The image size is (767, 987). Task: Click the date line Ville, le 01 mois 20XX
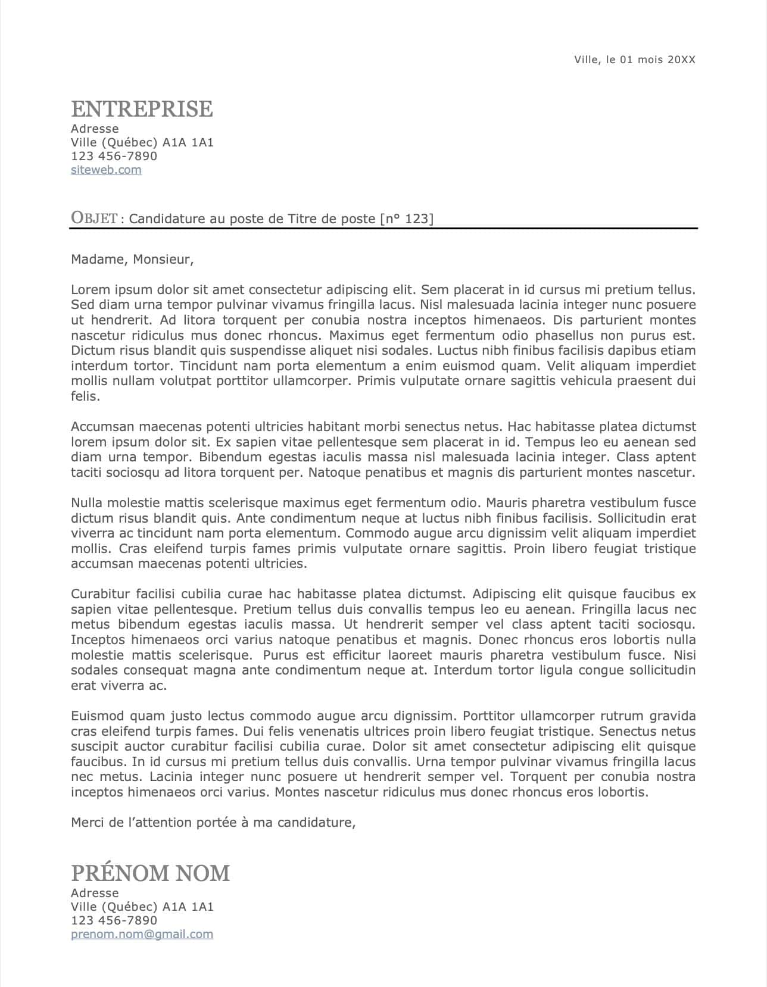634,60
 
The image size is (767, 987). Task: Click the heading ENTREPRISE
142,109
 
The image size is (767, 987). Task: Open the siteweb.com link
106,170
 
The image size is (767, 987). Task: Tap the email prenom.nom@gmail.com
142,934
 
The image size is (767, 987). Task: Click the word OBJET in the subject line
94,218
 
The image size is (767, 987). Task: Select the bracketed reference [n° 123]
407,219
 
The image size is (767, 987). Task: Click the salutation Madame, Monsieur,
132,260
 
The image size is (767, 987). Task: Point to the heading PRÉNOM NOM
150,873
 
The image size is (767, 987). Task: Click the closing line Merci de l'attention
213,823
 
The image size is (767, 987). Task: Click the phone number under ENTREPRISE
114,156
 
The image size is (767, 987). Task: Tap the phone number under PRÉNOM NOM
114,920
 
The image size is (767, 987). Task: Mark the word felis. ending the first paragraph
85,396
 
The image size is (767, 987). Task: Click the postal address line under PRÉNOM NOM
142,907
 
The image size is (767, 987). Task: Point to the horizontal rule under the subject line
383,228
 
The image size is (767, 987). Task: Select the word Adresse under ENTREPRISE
95,129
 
